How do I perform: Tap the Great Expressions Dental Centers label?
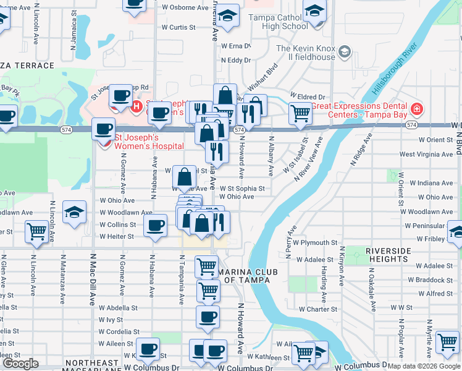(360, 109)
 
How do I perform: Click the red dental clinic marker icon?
(418, 109)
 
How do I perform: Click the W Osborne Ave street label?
(185, 8)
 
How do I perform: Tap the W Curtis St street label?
(178, 27)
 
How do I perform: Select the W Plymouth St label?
(315, 243)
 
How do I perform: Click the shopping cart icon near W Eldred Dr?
(300, 113)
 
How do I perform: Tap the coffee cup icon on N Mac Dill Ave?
(103, 129)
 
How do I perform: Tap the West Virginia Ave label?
(426, 155)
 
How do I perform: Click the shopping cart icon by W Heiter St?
(36, 232)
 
